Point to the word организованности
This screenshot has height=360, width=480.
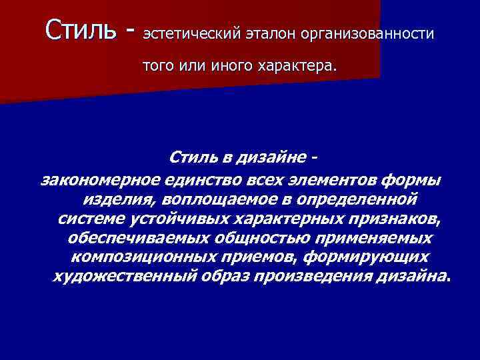tap(369, 33)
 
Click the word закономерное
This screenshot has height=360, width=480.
tap(102, 179)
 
